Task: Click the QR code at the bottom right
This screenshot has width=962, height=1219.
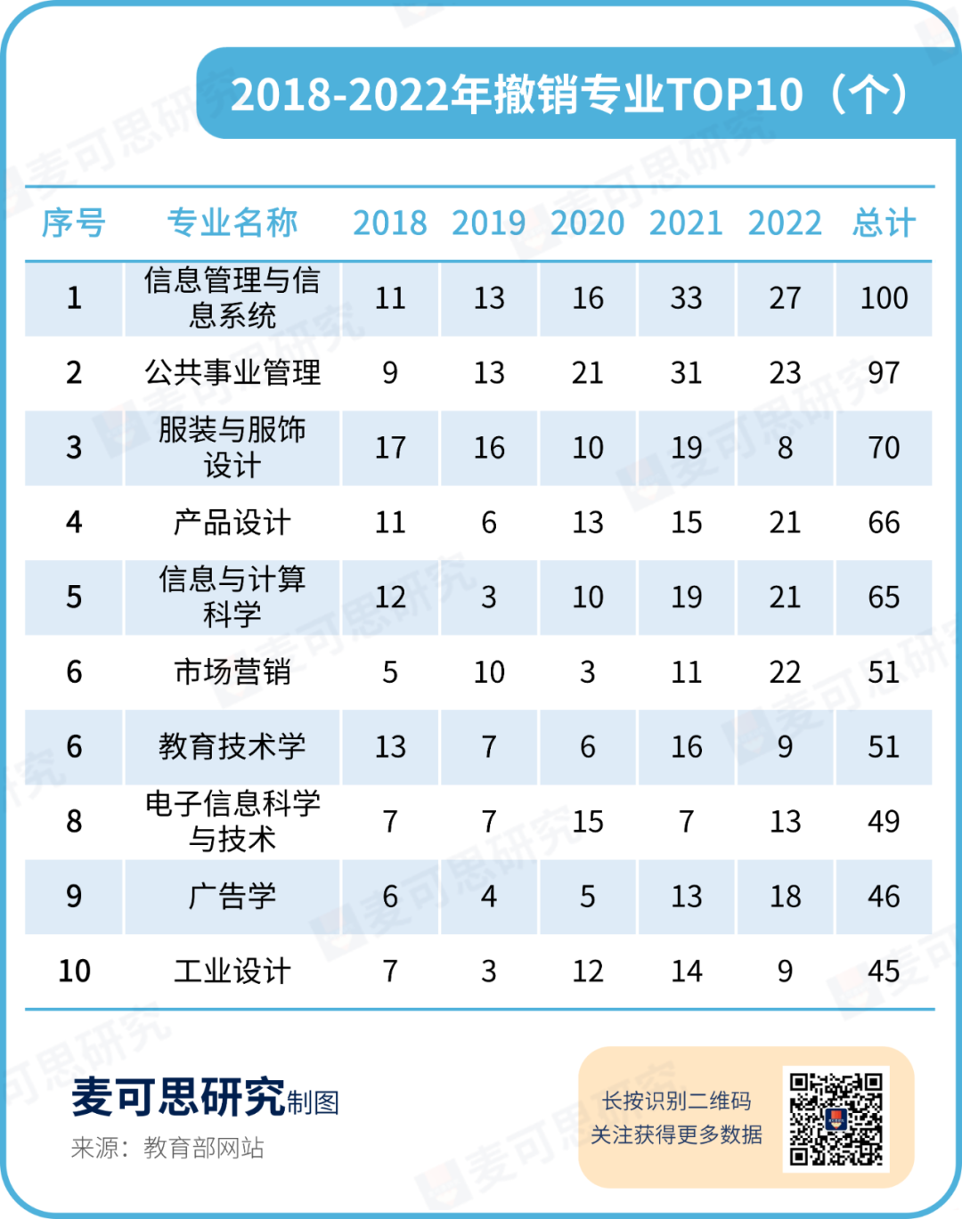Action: click(836, 1118)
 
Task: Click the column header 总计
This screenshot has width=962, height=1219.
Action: click(884, 223)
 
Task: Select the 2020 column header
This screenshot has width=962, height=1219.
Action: click(588, 223)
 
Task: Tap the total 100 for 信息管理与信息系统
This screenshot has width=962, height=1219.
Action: click(884, 298)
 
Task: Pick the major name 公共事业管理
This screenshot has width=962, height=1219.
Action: click(232, 372)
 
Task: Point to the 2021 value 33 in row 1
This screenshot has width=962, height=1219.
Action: click(686, 298)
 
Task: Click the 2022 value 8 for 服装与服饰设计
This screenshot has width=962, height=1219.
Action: click(785, 448)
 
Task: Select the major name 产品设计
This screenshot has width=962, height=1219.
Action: click(232, 523)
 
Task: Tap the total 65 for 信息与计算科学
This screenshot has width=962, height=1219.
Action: click(884, 597)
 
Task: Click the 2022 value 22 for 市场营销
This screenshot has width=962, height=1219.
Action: click(785, 672)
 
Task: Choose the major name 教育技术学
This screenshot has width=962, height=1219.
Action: click(232, 746)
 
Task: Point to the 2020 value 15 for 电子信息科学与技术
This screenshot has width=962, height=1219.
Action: click(588, 822)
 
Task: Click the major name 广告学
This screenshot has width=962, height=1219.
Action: click(232, 896)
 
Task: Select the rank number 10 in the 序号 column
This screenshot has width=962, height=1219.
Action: click(74, 971)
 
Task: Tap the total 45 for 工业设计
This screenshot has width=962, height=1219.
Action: click(884, 971)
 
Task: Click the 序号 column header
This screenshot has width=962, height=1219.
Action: click(74, 223)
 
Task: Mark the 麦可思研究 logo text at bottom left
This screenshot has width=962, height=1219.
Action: click(178, 1097)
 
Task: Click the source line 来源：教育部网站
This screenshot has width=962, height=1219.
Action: click(167, 1148)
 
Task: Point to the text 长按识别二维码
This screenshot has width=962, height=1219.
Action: click(676, 1101)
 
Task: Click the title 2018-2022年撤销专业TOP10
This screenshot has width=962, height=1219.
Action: click(518, 94)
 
